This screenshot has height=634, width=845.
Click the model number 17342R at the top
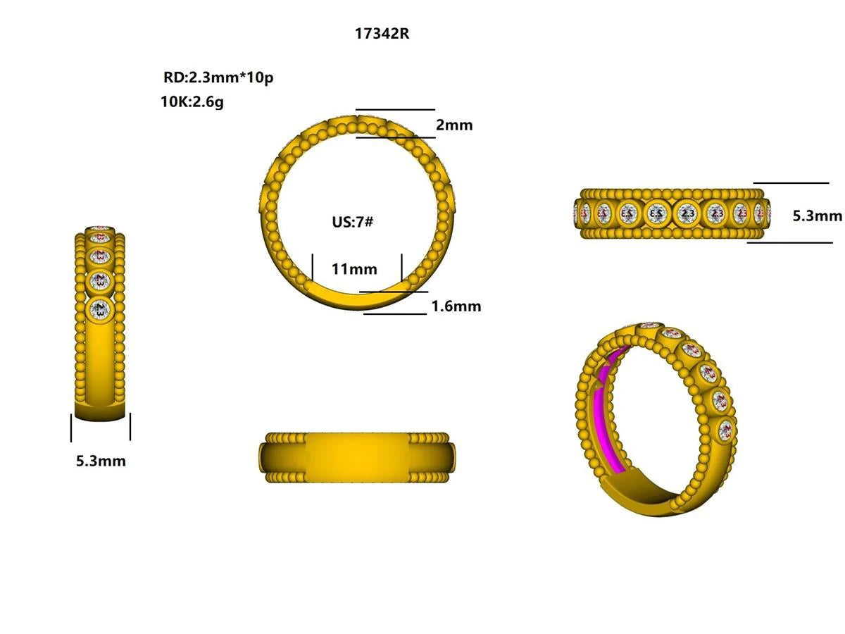tap(382, 34)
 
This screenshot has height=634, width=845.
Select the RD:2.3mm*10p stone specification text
tap(218, 77)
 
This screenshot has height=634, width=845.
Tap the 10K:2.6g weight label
tap(192, 101)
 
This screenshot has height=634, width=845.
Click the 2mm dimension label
tap(454, 125)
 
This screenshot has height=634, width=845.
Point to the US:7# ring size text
tap(353, 222)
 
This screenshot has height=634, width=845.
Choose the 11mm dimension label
tap(354, 269)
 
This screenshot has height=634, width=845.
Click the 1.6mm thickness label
tap(456, 306)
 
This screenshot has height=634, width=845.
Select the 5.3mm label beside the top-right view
tap(817, 216)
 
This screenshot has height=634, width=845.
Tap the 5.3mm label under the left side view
tap(101, 461)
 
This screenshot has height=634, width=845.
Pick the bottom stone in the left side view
tap(101, 309)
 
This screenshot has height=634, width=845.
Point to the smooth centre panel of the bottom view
tap(356, 458)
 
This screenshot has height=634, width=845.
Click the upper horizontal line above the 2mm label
tap(396, 110)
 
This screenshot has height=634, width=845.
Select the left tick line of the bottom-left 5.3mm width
tap(71, 427)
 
